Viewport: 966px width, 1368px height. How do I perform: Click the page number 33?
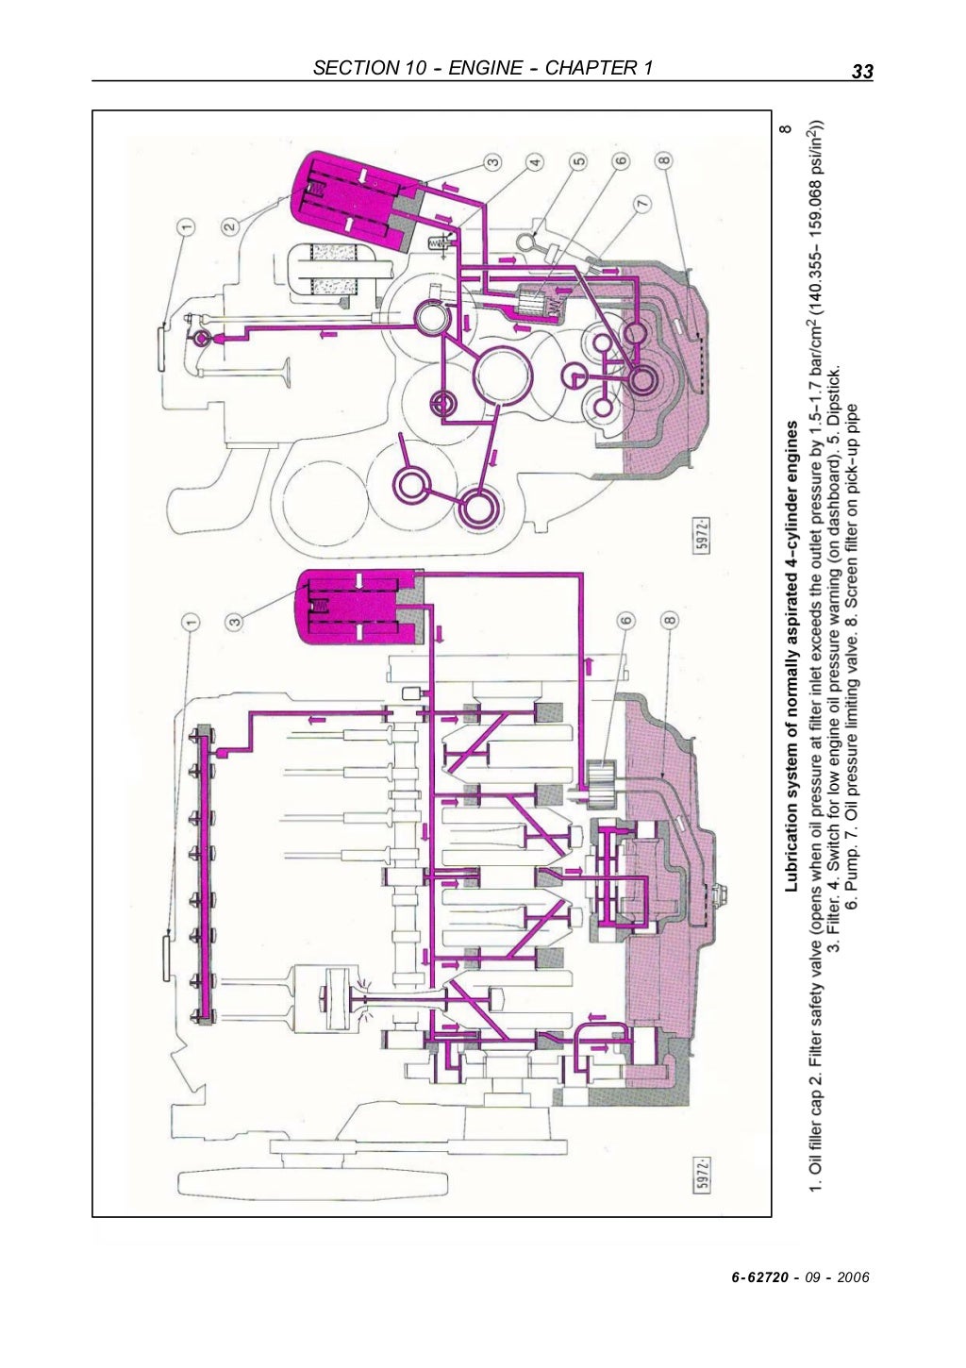tap(861, 71)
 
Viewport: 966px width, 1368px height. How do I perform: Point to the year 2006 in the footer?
tap(852, 1277)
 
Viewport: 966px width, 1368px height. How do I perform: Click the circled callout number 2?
tap(230, 226)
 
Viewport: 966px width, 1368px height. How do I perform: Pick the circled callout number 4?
tap(535, 162)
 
